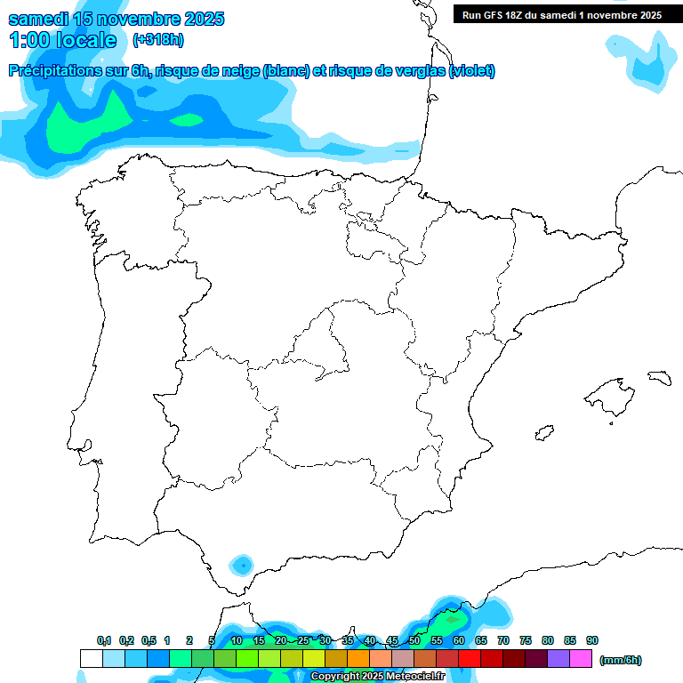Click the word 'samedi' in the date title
37,19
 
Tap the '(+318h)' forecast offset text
157,40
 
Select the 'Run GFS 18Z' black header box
561,14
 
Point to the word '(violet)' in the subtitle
472,71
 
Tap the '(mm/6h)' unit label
621,660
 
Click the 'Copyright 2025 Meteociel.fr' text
377,677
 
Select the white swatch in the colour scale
91,659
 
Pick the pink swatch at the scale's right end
581,659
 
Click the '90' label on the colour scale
592,640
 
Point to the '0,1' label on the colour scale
104,640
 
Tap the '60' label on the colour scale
459,640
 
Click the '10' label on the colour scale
237,640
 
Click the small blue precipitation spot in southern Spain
241,564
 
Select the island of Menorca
659,377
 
